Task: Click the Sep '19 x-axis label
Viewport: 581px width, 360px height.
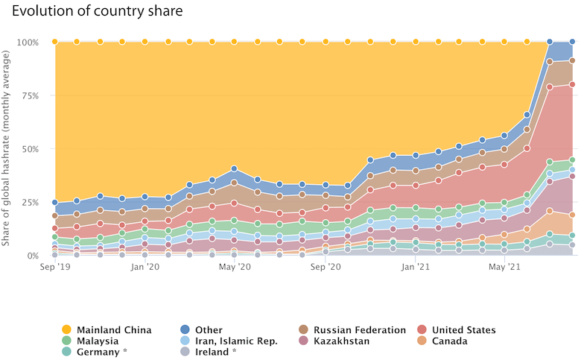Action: (x=54, y=266)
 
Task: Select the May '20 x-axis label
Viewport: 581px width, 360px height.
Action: (x=234, y=266)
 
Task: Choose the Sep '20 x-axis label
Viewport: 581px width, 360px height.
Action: (x=326, y=266)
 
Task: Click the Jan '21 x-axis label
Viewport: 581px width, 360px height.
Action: (x=416, y=266)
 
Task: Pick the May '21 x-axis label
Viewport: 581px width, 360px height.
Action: (x=505, y=266)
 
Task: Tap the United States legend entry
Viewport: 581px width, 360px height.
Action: (x=463, y=329)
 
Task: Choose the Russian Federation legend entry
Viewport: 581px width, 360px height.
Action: (x=359, y=329)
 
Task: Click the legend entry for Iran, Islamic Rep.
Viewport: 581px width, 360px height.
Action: (x=236, y=341)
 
